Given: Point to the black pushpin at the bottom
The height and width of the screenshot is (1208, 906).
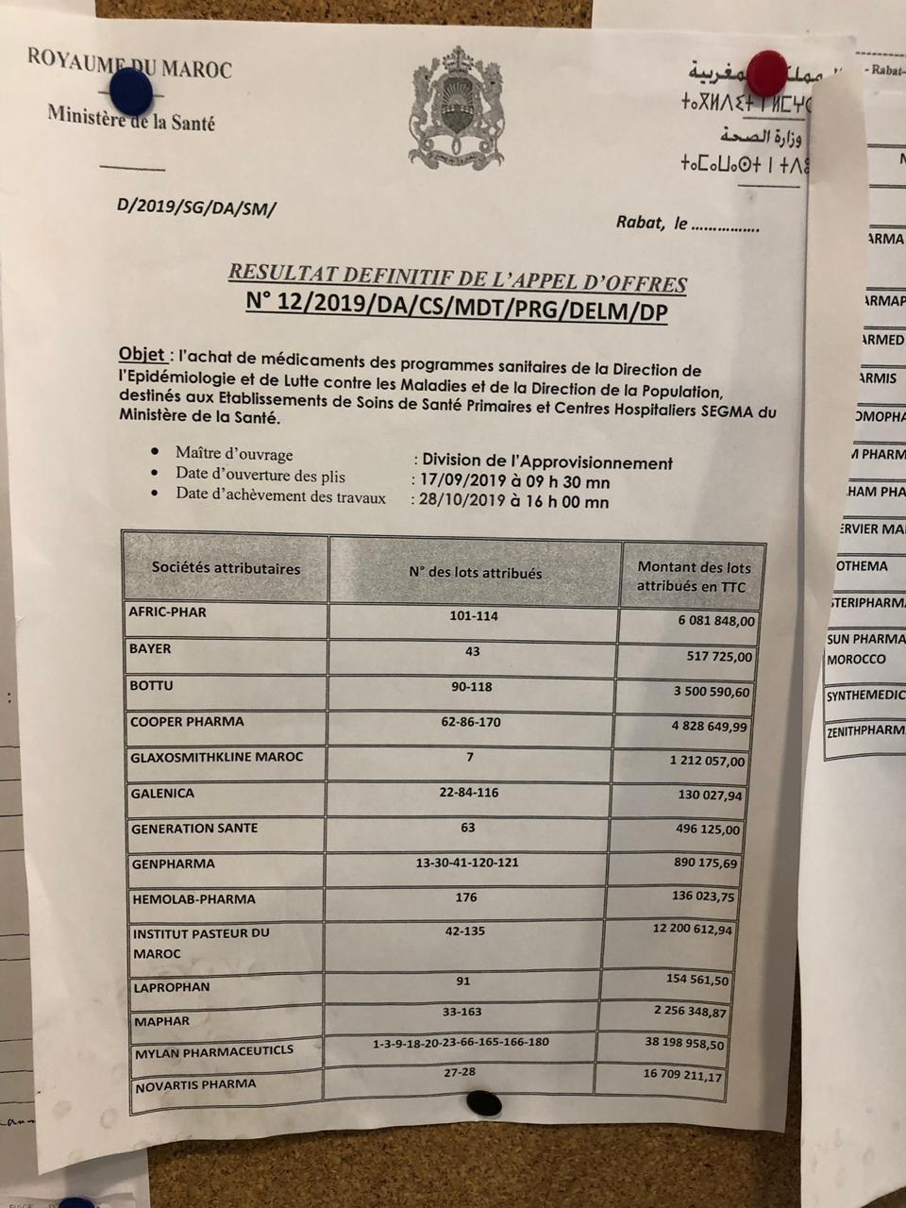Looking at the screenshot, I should click(x=484, y=1102).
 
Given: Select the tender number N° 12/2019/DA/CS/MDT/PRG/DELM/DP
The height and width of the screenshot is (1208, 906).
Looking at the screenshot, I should click(x=456, y=308).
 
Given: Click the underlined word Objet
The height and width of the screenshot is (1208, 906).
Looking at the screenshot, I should click(x=143, y=355).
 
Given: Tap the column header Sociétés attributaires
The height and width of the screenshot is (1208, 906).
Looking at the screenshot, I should click(x=226, y=568).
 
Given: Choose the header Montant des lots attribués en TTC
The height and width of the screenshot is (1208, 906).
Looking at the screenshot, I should click(x=694, y=577).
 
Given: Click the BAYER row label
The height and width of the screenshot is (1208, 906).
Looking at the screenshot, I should click(x=150, y=649).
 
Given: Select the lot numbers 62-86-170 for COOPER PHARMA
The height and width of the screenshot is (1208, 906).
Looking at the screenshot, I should click(x=470, y=722).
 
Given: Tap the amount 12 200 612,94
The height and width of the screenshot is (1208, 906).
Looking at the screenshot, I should click(x=692, y=930).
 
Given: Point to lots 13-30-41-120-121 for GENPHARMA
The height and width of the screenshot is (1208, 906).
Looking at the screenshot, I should click(x=467, y=863).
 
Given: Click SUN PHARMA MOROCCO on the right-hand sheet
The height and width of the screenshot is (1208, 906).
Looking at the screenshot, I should click(x=864, y=649).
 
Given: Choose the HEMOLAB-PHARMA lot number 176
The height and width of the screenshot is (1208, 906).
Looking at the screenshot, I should click(x=466, y=898).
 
